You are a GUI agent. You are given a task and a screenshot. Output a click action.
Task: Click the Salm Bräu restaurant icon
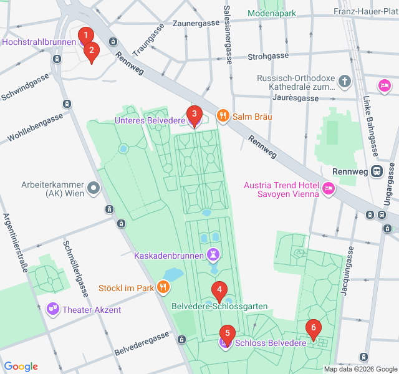[222, 115]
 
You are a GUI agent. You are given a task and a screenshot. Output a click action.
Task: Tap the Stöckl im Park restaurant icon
[163, 287]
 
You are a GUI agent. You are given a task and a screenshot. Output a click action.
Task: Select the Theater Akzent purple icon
[53, 309]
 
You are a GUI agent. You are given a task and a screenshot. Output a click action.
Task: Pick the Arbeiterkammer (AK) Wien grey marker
[94, 187]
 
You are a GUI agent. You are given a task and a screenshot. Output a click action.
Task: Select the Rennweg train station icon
[377, 171]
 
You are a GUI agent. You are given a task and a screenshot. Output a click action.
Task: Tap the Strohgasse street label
[268, 56]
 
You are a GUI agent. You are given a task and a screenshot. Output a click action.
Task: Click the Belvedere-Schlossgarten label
[220, 306]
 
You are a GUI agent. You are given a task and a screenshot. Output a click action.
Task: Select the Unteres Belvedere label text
[150, 120]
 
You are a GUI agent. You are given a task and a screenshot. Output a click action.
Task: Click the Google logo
[21, 367]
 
